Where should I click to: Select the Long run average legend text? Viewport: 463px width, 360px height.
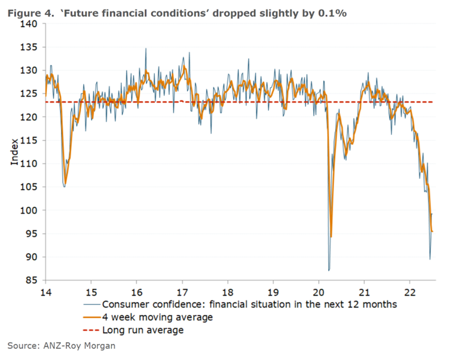click(143, 330)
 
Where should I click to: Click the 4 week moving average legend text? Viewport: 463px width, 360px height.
click(157, 317)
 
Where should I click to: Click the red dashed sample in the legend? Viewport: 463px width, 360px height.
click(91, 330)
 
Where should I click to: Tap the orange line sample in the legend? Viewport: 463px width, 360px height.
click(91, 317)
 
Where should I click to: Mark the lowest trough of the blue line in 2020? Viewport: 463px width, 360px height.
click(329, 270)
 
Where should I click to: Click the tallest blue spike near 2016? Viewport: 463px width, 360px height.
click(146, 48)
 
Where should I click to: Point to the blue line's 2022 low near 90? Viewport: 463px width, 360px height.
click(430, 259)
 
